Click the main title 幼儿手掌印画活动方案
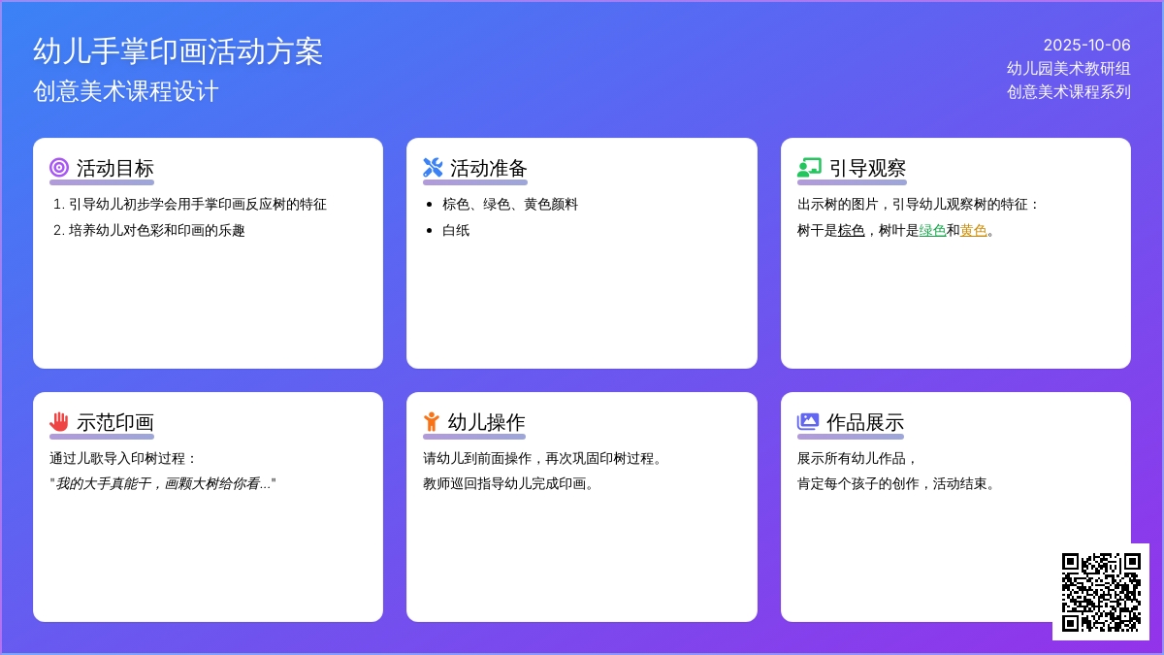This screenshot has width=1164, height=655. (x=178, y=51)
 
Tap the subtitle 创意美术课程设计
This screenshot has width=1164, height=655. (x=126, y=91)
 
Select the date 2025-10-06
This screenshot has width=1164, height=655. (x=1086, y=46)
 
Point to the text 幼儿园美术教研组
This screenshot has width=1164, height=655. (x=1068, y=68)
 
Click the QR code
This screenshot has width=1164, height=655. (x=1101, y=592)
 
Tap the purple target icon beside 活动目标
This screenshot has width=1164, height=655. (x=59, y=167)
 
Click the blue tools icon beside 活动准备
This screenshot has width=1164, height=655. (x=433, y=167)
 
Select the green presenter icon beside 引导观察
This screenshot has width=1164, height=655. (x=809, y=167)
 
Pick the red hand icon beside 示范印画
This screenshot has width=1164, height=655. (x=59, y=421)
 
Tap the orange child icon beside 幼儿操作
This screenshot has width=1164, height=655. (x=432, y=421)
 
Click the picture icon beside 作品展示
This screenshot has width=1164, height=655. (x=807, y=421)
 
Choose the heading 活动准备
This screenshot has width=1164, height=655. (x=489, y=169)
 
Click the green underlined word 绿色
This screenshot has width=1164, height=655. (x=932, y=230)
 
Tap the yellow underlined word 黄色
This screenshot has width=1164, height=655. (x=973, y=230)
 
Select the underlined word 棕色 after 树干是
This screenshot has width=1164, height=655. (x=852, y=230)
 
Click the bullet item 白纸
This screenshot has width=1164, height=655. (x=456, y=230)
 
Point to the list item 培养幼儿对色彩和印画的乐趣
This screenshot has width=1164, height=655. (x=156, y=230)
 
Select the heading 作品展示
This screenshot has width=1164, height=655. (x=865, y=423)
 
